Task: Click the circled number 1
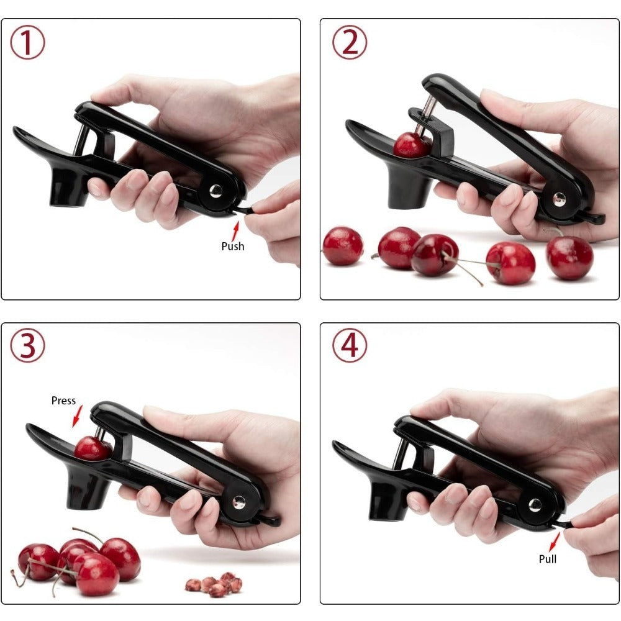click(27, 43)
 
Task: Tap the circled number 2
click(350, 43)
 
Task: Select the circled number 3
click(27, 346)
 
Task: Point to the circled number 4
click(350, 346)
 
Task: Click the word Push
click(233, 247)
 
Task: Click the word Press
click(63, 401)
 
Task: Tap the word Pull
click(547, 559)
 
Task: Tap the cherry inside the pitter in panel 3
click(91, 448)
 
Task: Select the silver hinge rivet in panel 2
click(560, 199)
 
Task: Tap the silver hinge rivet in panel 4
click(534, 504)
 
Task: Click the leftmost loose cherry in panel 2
click(343, 246)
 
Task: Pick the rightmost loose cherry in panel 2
click(569, 257)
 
